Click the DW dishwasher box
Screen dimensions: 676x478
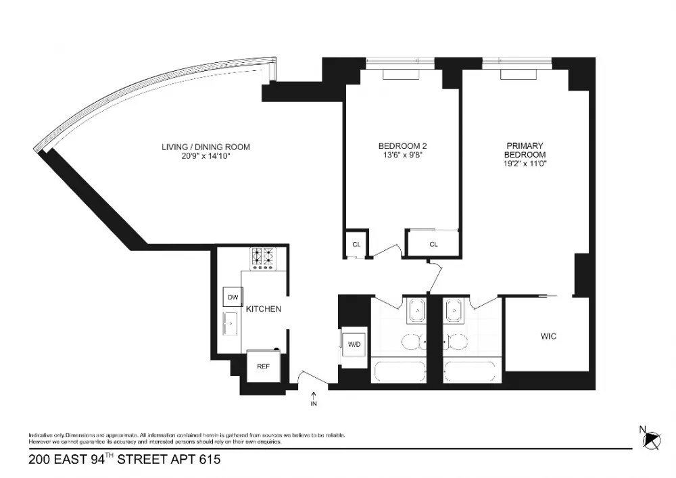point(233,297)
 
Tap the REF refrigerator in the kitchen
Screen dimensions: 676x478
point(264,366)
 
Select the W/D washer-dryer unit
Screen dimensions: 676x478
point(354,344)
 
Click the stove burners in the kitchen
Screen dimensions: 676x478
point(263,258)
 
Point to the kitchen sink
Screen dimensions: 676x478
point(231,322)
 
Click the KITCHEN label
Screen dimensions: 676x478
point(264,309)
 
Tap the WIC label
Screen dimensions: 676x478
point(548,336)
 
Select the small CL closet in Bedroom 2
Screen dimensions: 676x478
point(356,244)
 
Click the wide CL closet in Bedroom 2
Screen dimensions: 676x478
point(433,244)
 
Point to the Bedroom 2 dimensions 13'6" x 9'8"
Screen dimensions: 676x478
point(403,156)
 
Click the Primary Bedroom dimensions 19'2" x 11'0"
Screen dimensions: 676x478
point(525,164)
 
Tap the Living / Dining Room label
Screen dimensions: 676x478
point(206,147)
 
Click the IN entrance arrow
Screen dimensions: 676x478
point(314,396)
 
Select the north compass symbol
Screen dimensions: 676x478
point(651,440)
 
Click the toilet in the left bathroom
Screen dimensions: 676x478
point(414,343)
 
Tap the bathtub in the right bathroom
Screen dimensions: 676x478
point(470,371)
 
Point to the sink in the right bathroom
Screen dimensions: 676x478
point(454,310)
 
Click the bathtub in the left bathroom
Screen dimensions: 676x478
point(400,371)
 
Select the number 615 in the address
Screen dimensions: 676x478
point(210,460)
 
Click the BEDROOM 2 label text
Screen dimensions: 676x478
point(403,146)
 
